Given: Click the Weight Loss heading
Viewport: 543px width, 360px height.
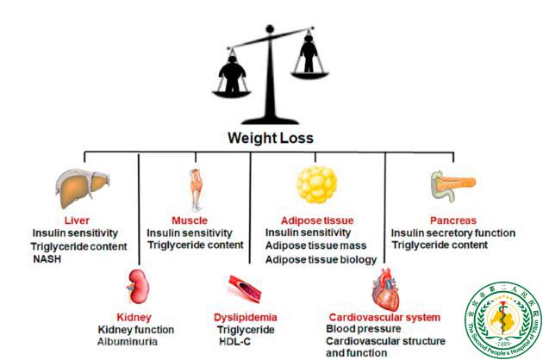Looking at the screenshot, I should [x=270, y=138].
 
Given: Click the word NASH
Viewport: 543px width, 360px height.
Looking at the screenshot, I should [x=49, y=258].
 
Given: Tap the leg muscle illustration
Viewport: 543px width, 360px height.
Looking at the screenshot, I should [x=198, y=189].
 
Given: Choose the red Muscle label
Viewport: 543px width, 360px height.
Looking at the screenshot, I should [x=190, y=220].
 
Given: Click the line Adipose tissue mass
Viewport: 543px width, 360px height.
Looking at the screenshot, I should [x=314, y=246].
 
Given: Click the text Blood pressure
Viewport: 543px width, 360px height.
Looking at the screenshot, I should [x=365, y=329].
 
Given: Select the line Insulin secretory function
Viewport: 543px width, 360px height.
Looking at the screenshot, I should [x=453, y=233].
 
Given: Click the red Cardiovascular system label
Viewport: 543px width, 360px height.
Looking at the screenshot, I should [x=385, y=317].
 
